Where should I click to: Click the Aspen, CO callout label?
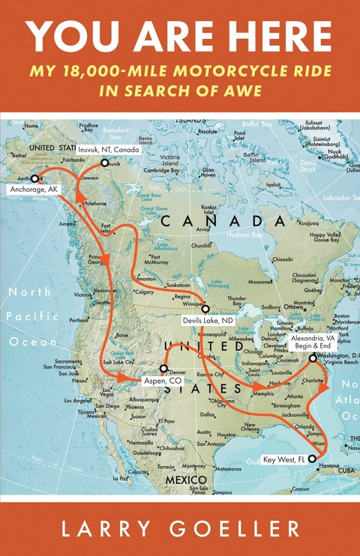163,381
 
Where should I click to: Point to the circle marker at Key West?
313,458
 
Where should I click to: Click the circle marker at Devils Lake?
204,309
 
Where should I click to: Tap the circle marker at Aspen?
163,369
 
